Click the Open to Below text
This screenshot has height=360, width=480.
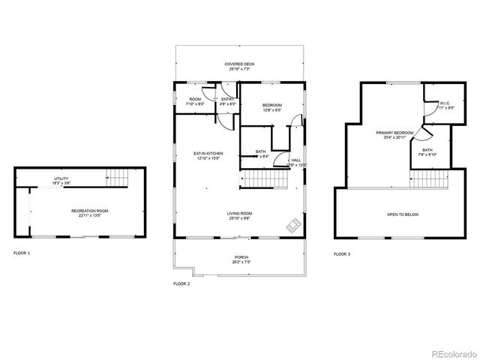402,214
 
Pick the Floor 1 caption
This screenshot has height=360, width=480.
22,253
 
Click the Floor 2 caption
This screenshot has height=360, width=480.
181,283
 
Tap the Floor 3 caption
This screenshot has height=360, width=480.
342,254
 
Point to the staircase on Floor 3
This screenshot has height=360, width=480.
428,178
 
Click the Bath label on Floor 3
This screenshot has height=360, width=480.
427,151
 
